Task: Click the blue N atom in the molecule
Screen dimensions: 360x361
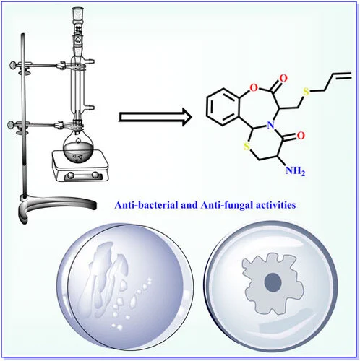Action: point(271,125)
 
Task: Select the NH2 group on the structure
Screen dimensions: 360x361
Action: point(295,171)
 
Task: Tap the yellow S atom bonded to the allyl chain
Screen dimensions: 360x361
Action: point(306,92)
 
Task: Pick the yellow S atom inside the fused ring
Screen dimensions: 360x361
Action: point(247,146)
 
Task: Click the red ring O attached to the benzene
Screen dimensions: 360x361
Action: point(254,88)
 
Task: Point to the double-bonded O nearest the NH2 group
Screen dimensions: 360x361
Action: point(301,136)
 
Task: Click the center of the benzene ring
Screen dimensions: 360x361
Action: point(223,107)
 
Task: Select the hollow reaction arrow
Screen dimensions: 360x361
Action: point(155,117)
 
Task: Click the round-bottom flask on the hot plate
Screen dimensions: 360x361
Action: point(77,149)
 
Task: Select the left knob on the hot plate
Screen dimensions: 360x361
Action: point(71,175)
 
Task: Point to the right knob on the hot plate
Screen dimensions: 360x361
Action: point(95,174)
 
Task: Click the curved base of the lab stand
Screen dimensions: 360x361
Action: point(58,204)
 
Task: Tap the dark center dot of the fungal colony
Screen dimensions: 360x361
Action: point(273,282)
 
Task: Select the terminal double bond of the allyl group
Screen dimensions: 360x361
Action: point(342,75)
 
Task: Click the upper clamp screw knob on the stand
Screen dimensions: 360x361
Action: point(14,64)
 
